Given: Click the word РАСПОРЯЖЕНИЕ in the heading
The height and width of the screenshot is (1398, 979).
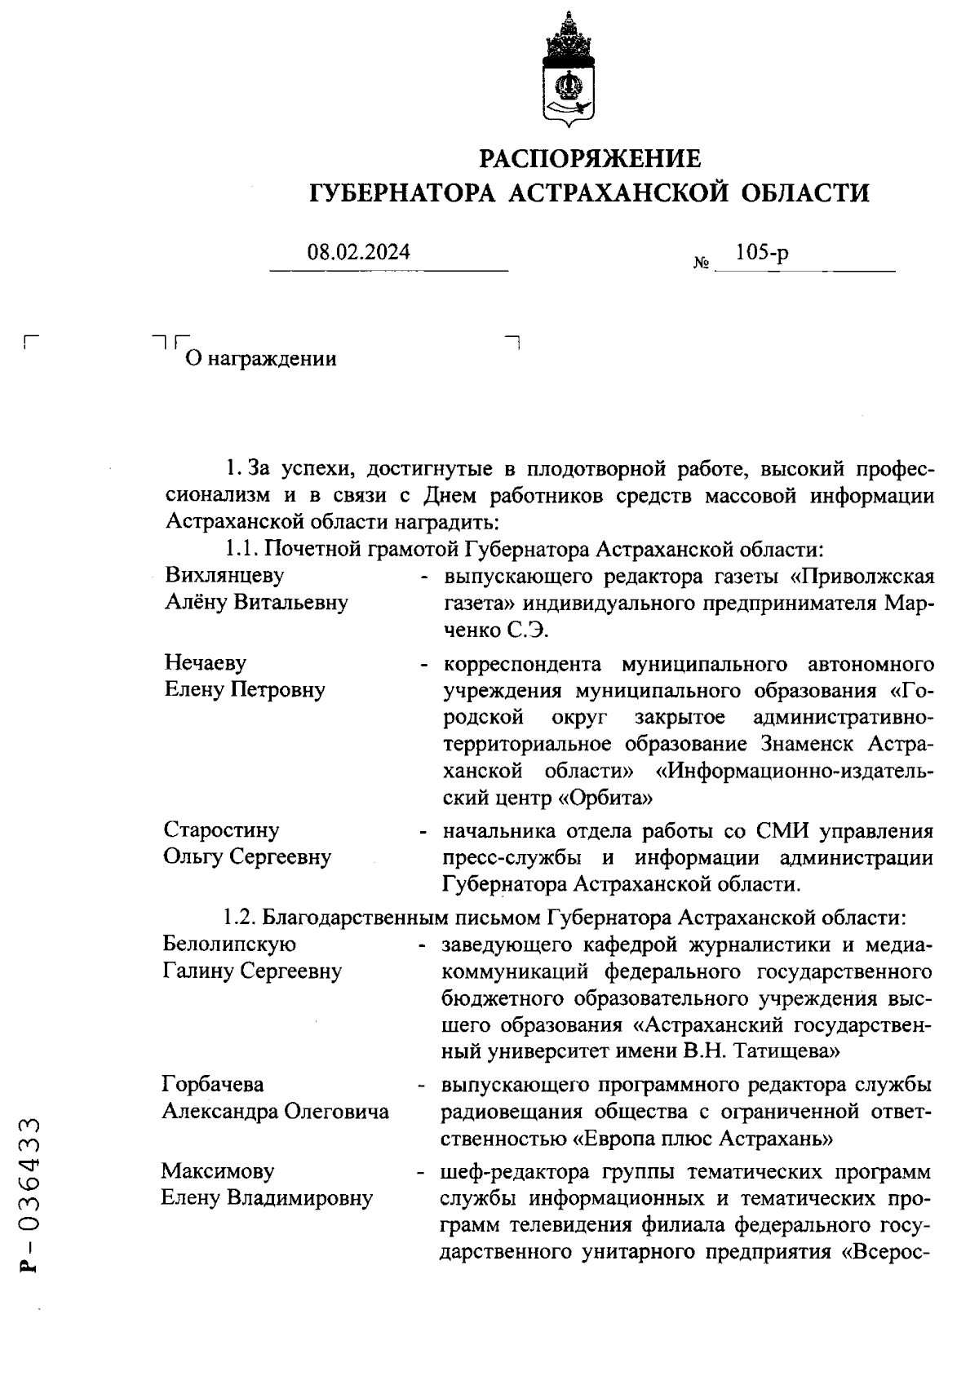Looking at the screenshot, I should click(x=589, y=157).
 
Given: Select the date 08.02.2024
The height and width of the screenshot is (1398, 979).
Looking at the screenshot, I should click(x=359, y=253).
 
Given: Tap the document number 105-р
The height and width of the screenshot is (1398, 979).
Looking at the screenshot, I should click(x=762, y=253).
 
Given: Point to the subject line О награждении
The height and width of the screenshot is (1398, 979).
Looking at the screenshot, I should click(x=262, y=359).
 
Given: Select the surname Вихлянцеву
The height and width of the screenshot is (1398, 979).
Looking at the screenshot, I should click(x=224, y=576).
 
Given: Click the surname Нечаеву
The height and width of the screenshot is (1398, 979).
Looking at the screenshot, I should click(x=205, y=662).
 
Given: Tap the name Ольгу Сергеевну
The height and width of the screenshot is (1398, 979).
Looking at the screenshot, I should click(x=247, y=857).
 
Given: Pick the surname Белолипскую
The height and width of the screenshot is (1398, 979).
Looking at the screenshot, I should click(x=229, y=945).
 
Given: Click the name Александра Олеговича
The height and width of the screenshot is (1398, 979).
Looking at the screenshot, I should click(x=275, y=1112).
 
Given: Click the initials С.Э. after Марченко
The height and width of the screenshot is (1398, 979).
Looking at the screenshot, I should click(x=533, y=630).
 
